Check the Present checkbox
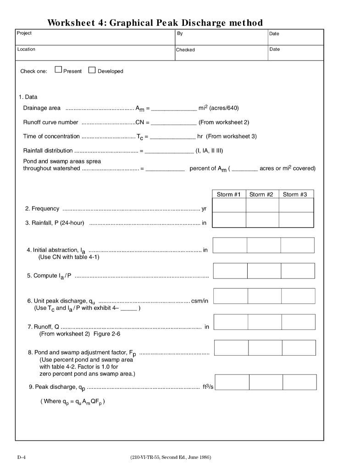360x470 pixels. pyautogui.click(x=58, y=70)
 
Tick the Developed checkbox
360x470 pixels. pyautogui.click(x=92, y=70)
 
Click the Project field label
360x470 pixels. pyautogui.click(x=24, y=34)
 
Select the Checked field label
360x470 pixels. pyautogui.click(x=186, y=50)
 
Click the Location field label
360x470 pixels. pyautogui.click(x=26, y=49)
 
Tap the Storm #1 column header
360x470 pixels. pyautogui.click(x=229, y=195)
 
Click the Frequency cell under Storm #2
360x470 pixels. pyautogui.click(x=262, y=206)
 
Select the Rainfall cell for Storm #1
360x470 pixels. pyautogui.click(x=229, y=220)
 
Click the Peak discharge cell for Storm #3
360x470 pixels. pyautogui.click(x=299, y=382)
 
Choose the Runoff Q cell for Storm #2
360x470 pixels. pyautogui.click(x=265, y=322)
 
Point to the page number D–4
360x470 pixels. pyautogui.click(x=22, y=457)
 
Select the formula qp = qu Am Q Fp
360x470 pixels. pyautogui.click(x=73, y=402)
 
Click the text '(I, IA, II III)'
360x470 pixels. pyautogui.click(x=209, y=151)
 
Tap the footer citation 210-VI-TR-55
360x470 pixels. pyautogui.click(x=171, y=457)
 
